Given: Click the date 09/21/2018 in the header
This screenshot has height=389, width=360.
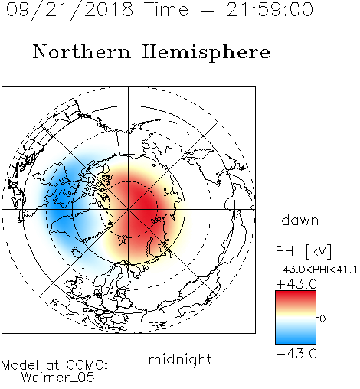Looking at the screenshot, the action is [x=70, y=9].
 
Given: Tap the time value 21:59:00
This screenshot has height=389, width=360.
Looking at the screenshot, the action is [x=270, y=9].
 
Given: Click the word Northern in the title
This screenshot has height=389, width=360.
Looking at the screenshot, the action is [x=82, y=51].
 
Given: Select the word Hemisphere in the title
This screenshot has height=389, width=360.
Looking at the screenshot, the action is [x=206, y=53].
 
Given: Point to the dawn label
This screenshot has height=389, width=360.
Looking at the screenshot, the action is [x=300, y=220].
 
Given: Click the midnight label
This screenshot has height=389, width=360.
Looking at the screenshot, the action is [x=180, y=360].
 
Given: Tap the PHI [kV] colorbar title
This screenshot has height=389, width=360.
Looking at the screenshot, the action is [x=303, y=251].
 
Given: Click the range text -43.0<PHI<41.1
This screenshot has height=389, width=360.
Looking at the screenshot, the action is [x=316, y=270].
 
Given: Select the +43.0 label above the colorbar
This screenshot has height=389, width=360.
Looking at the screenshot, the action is [x=296, y=284].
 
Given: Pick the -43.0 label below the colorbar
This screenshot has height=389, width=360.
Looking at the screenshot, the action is [x=296, y=354].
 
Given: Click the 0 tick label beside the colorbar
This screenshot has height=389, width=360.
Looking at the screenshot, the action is [x=322, y=319].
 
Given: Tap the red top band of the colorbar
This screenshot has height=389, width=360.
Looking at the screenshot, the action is [x=296, y=296].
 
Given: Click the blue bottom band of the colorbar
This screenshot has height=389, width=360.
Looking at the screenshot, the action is [x=296, y=338].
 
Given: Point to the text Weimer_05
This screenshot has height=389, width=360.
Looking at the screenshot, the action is [x=58, y=378].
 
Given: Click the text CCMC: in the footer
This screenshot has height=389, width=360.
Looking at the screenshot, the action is [x=87, y=365].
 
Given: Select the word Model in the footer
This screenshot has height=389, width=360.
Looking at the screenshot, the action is [x=20, y=365].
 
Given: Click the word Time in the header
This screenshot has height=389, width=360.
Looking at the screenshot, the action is [x=166, y=9].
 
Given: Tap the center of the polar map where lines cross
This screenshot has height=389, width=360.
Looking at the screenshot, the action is [x=129, y=210].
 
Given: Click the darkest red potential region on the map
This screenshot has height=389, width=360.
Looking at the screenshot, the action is [x=143, y=204].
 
